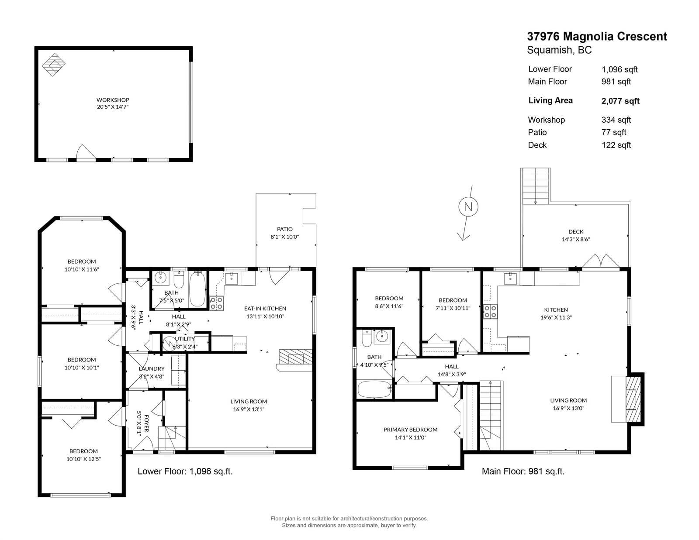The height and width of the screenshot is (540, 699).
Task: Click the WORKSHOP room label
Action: pyautogui.click(x=113, y=100)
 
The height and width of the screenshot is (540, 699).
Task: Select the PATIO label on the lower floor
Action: pyautogui.click(x=285, y=229)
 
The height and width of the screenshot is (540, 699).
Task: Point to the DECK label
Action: pyautogui.click(x=575, y=231)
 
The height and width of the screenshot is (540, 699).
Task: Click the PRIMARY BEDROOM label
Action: pyautogui.click(x=410, y=430)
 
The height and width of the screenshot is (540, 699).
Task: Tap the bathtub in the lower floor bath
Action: pyautogui.click(x=197, y=289)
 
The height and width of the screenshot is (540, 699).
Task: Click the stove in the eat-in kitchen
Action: pyautogui.click(x=217, y=303)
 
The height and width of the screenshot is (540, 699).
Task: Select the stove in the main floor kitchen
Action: pyautogui.click(x=490, y=311)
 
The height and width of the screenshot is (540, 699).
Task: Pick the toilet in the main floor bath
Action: pyautogui.click(x=367, y=339)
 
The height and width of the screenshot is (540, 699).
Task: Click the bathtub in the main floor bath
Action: pyautogui.click(x=374, y=389)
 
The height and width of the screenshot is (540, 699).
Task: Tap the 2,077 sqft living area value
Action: pyautogui.click(x=620, y=101)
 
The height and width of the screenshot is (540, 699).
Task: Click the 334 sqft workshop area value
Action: pyautogui.click(x=616, y=120)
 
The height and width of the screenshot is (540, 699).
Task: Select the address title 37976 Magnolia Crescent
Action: pyautogui.click(x=597, y=36)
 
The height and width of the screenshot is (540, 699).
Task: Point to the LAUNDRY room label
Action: pyautogui.click(x=152, y=369)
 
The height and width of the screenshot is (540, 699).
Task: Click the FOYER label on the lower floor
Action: pyautogui.click(x=146, y=423)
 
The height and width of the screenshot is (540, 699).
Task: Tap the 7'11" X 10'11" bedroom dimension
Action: pyautogui.click(x=453, y=308)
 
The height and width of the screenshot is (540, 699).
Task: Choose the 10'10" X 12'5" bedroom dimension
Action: pyautogui.click(x=83, y=459)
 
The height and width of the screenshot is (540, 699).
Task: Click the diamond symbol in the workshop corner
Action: pyautogui.click(x=53, y=65)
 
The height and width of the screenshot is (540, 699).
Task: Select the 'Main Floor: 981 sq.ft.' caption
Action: pyautogui.click(x=523, y=471)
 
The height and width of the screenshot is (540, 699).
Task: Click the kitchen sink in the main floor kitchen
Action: pyautogui.click(x=510, y=279)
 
